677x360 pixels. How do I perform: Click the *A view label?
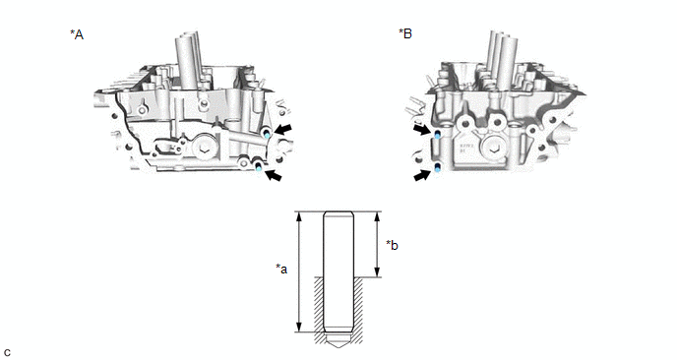click(77, 34)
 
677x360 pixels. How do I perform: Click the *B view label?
click(405, 33)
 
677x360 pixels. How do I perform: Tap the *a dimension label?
click(281, 269)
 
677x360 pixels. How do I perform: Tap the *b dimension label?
click(392, 245)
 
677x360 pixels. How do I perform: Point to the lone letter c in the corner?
click(7, 352)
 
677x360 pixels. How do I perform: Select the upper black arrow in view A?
click(282, 129)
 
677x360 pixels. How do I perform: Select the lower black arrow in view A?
click(274, 175)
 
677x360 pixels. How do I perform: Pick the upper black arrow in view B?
click(422, 129)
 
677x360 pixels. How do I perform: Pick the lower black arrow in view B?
click(422, 175)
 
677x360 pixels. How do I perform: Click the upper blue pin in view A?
click(268, 134)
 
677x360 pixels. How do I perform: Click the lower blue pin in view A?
click(258, 166)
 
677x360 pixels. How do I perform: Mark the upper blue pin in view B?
click(437, 134)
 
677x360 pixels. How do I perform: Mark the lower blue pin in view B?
click(437, 167)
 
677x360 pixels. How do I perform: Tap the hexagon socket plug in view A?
click(203, 150)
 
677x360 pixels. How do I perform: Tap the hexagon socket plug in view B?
click(494, 150)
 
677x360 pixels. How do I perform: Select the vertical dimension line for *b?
click(377, 244)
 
